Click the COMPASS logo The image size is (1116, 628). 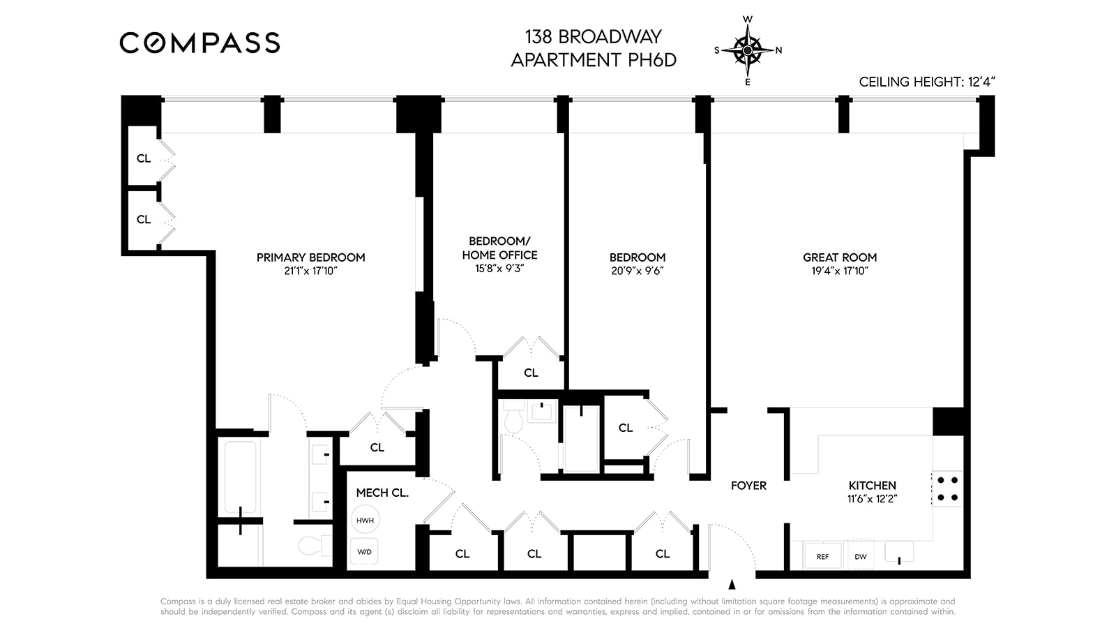pos(199,43)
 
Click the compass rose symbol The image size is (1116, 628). pos(748,50)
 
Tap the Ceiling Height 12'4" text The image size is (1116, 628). pos(926,82)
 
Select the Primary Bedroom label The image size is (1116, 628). pos(310,257)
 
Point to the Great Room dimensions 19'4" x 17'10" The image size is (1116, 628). pos(839,271)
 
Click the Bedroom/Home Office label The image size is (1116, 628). pos(499,248)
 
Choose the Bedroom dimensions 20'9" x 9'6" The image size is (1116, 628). pos(637,271)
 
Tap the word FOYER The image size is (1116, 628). pos(748,486)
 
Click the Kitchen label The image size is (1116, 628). pos(872,486)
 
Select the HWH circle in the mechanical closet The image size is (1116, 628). pos(365,521)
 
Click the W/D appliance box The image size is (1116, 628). pos(364,552)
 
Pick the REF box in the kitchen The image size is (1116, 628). pos(822,556)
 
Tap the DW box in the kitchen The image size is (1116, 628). pos(860,556)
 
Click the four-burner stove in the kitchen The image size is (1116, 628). pos(947,488)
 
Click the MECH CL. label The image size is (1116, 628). pos(382,493)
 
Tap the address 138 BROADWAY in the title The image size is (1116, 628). pos(593,36)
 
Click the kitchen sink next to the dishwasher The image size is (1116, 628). pos(899,551)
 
